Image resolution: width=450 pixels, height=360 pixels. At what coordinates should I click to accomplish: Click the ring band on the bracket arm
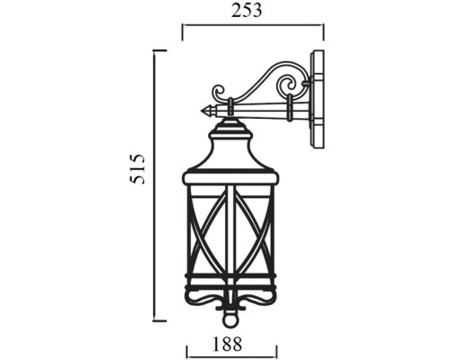[x=288, y=111]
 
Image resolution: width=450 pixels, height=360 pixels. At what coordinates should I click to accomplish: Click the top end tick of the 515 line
[x=160, y=51]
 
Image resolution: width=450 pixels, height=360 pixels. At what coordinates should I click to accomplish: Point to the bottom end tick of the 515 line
[x=160, y=319]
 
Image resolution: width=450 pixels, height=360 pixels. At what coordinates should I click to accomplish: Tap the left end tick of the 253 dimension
[x=184, y=31]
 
